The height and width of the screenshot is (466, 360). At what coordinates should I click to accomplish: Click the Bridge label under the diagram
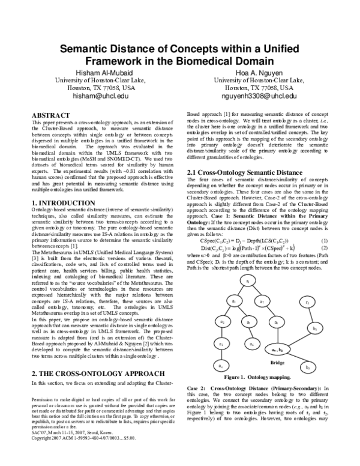tap(277, 363)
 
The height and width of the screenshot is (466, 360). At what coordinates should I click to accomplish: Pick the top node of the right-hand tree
tap(307, 303)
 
